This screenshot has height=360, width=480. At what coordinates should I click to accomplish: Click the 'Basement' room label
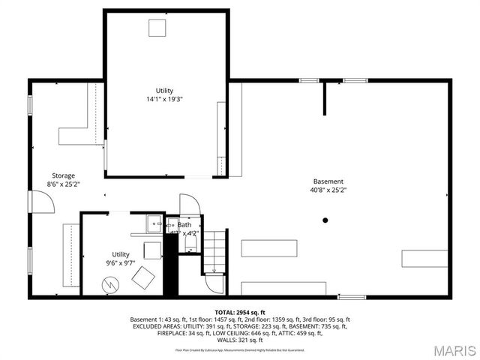328,181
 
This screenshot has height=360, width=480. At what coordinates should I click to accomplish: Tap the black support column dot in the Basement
325,220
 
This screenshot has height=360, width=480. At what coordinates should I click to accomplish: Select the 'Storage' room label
63,175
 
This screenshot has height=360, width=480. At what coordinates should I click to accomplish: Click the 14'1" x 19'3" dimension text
164,99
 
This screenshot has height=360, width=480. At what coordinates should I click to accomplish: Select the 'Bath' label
184,224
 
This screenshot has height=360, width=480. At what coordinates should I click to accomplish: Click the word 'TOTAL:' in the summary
229,312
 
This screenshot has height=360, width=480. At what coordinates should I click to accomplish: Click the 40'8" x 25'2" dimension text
328,190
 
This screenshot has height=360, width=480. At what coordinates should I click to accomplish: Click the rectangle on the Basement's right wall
424,259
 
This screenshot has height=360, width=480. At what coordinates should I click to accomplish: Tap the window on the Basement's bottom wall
351,297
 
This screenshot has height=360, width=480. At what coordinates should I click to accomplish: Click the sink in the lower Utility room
154,222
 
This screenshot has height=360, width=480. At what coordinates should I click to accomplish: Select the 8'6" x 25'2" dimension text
63,184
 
